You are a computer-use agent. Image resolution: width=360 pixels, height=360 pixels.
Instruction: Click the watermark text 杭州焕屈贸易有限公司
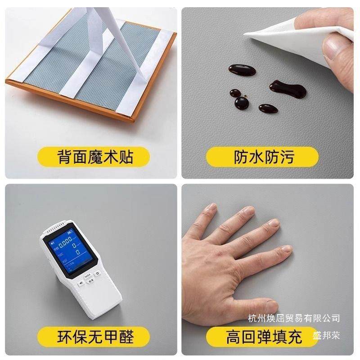click(x=294, y=319)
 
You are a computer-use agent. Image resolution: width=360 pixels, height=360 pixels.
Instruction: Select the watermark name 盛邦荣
click(x=326, y=335)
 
